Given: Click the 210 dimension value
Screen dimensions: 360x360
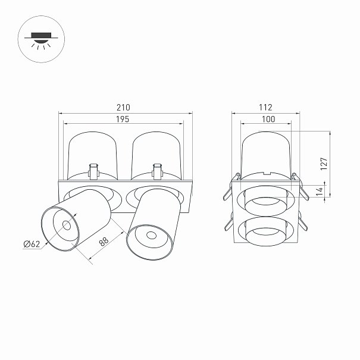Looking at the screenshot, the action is point(123,108).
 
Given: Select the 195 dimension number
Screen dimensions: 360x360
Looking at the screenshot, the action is point(123,120).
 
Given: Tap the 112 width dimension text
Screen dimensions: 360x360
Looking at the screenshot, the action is point(265,108).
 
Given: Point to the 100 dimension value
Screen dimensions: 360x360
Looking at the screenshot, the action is point(268,119).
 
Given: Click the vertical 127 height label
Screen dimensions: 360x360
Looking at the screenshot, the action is point(324,164).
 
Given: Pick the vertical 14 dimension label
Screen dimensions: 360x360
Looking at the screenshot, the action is point(320,192).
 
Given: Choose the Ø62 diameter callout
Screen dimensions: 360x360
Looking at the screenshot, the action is point(32,244).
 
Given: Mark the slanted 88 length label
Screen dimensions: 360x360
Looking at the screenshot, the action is point(104,242).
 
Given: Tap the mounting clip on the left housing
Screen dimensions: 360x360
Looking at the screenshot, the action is point(93,171).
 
